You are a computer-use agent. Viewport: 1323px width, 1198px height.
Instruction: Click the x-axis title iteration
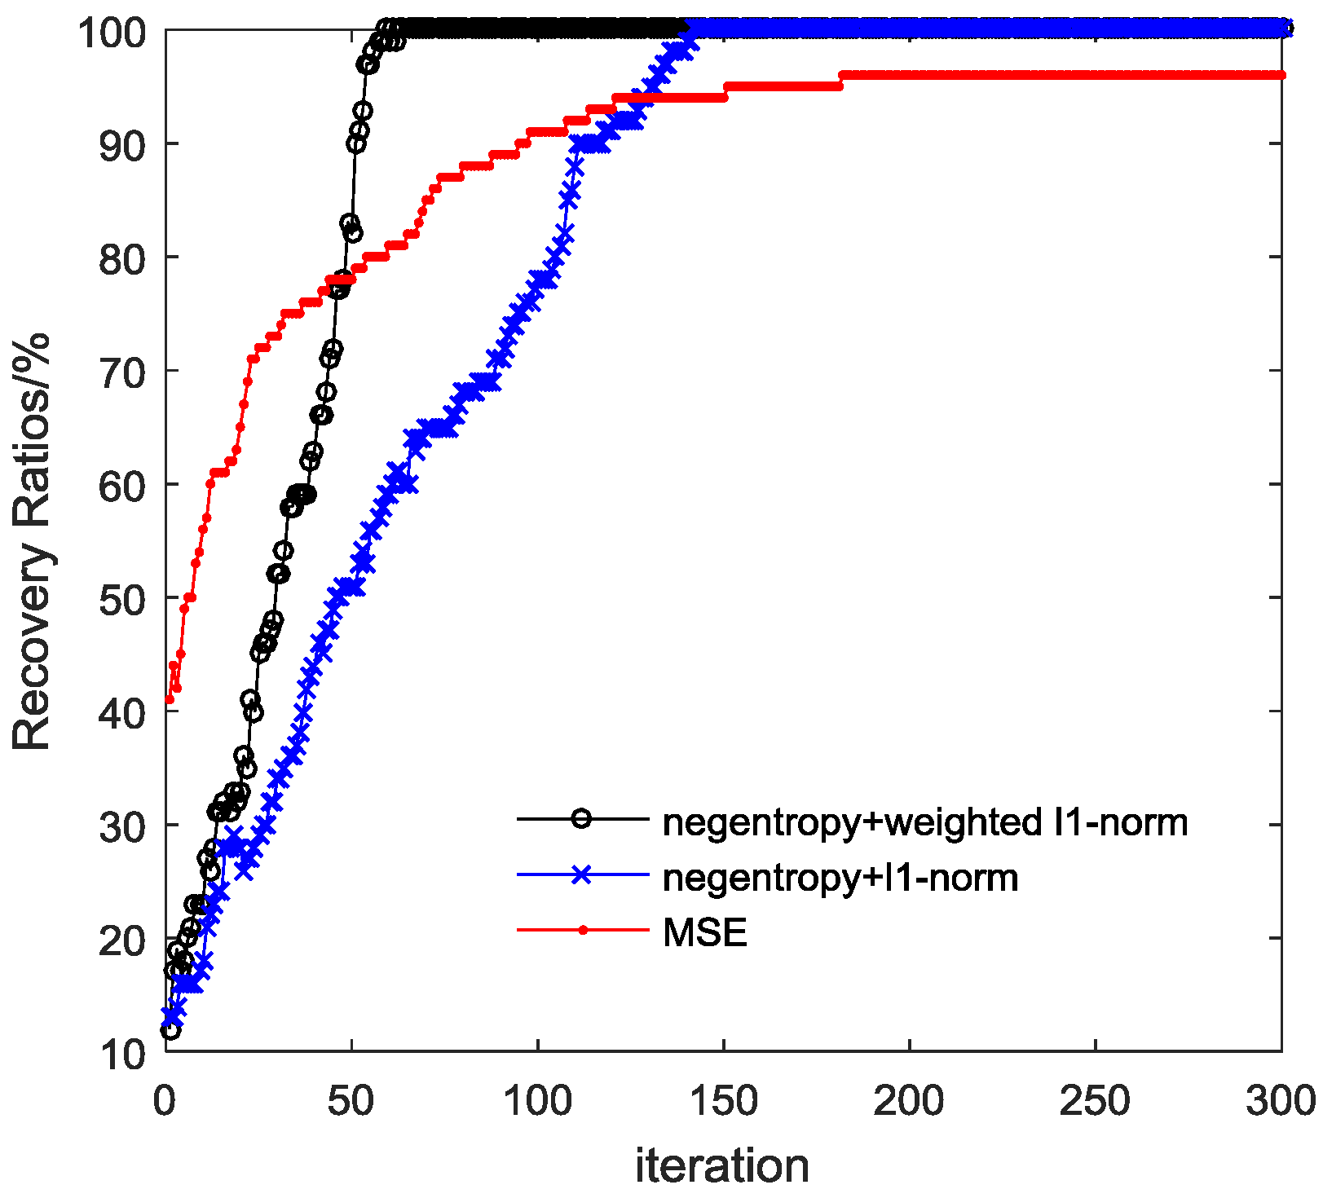[x=722, y=1165]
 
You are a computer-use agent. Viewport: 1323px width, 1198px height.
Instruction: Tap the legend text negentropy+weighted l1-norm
[x=925, y=822]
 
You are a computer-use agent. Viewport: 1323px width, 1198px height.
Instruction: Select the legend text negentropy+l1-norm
[x=840, y=878]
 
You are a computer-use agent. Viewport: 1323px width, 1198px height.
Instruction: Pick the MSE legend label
[x=705, y=932]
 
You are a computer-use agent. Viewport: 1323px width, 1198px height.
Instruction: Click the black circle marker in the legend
[x=581, y=818]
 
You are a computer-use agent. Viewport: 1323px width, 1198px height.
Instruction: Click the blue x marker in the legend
[x=581, y=874]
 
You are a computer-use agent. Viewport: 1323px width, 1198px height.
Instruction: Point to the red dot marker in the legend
[x=582, y=930]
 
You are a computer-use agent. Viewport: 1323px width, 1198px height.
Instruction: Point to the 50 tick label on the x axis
[x=351, y=1101]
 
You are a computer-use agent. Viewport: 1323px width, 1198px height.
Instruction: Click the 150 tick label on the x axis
[x=722, y=1101]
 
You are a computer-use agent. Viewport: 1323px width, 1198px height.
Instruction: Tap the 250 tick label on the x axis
[x=1094, y=1101]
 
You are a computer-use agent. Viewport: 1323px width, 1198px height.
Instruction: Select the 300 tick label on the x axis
[x=1280, y=1101]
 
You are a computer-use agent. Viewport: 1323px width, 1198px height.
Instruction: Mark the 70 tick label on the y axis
[x=123, y=372]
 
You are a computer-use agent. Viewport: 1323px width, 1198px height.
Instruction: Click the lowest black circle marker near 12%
[x=170, y=1030]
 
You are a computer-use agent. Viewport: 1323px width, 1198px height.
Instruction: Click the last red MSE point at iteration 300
[x=1281, y=75]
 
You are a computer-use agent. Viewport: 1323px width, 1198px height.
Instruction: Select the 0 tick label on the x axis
[x=165, y=1101]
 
